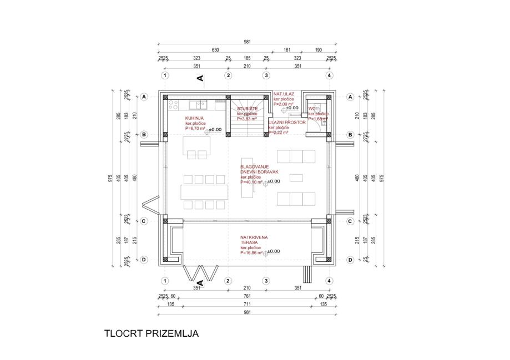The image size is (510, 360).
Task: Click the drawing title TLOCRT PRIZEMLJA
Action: click(151, 334)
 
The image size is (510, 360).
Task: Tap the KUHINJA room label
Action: click(194, 118)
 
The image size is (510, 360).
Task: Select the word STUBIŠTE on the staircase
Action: click(247, 109)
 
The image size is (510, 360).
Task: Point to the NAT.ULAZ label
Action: click(284, 94)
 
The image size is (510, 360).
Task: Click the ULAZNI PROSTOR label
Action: click(287, 122)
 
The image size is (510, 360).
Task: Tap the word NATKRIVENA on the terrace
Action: click(254, 237)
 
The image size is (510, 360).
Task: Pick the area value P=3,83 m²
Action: click(247, 119)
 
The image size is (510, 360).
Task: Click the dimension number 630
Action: click(215, 50)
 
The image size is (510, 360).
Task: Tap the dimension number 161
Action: click(287, 50)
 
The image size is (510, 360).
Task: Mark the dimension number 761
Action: click(247, 297)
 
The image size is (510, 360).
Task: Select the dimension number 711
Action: click(247, 305)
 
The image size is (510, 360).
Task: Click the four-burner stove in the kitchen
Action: click(172, 104)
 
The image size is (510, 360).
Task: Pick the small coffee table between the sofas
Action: click(296, 178)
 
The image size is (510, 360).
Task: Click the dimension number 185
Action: click(247, 58)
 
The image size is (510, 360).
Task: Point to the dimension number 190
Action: click(319, 50)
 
